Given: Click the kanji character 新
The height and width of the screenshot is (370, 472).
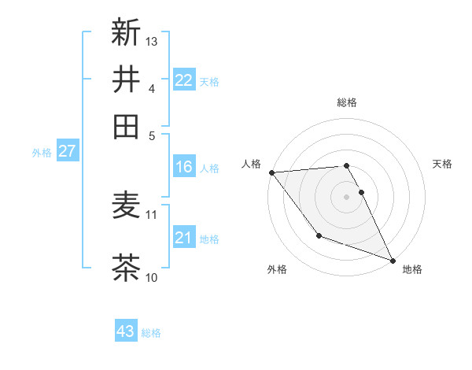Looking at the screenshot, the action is coord(126,32).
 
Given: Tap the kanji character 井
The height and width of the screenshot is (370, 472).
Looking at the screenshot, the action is coord(126,79).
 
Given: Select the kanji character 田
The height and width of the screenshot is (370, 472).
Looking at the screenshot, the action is coord(126,126).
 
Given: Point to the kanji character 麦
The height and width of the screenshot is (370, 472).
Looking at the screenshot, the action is coord(126,206).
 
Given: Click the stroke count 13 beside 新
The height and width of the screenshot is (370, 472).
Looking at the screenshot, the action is coord(153,41).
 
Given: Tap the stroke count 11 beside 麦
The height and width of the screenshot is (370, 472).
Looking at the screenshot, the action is coord(152,214).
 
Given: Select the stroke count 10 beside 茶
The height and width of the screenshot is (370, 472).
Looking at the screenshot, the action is coord(152,277).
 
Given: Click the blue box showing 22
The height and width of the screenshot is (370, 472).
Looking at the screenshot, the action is coord(183,80).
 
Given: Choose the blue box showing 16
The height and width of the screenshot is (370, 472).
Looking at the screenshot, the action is coord(183,167).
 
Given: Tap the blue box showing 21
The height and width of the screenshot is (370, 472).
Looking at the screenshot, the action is coord(183,238).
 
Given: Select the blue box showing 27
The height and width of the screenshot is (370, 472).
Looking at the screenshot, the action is coord(67,151).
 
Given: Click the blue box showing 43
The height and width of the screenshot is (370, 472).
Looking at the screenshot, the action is coord(125,331).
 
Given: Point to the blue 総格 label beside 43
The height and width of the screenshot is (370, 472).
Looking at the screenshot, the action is coord(151,333).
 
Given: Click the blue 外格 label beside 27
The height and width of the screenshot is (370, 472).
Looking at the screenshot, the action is coord(42,153).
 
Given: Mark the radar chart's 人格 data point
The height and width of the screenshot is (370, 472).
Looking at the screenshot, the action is coord(271,172).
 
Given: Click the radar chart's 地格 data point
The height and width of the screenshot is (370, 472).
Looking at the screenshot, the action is coord(393,260).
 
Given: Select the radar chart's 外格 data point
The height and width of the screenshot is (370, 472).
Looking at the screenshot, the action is coord(319,235).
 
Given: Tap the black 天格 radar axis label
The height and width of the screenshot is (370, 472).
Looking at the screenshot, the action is coord(442,164).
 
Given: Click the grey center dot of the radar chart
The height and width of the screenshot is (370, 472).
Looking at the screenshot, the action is coord(346,196).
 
